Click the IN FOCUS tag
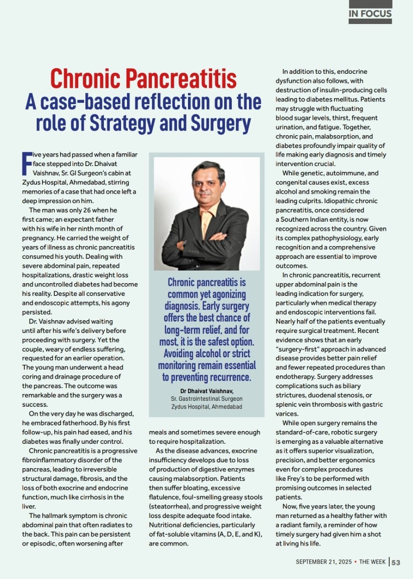tap(370, 14)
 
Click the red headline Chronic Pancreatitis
tap(143, 78)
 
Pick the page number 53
tap(396, 562)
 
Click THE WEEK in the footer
tap(373, 562)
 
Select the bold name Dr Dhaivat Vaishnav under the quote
tap(206, 391)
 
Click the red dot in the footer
tap(356, 562)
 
